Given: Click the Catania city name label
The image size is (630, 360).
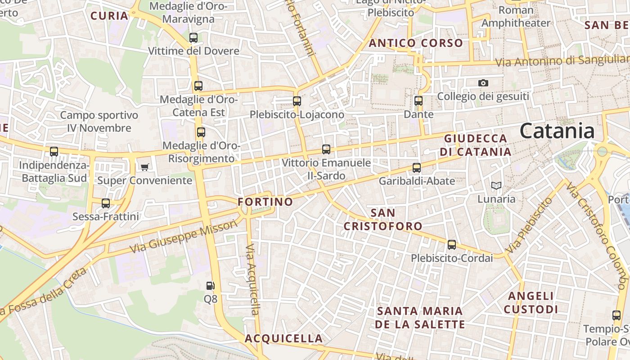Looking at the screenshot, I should point(557,131).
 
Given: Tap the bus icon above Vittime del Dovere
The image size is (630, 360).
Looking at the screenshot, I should point(193,38).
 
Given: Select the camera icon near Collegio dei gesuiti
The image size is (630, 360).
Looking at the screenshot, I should point(483,83).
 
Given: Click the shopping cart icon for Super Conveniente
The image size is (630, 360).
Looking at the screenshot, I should point(144,167).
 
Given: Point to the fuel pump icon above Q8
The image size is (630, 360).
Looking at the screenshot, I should point(210,285).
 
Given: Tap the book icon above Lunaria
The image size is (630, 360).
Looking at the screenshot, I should point(496,185).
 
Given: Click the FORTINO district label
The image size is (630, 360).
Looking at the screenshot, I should point(265,202).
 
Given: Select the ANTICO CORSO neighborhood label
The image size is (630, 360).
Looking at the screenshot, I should point(416,43).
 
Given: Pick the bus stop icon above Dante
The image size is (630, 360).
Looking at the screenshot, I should point(418,101).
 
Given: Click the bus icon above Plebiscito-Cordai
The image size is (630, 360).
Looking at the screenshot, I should point(452,245).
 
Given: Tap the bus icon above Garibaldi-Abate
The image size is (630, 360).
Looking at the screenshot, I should point(417,168).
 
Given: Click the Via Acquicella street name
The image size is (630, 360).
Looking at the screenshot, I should point(254,279).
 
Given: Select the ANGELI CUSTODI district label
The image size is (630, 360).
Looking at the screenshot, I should point(531,302).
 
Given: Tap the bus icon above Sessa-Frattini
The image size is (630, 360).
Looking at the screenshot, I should point(106,203).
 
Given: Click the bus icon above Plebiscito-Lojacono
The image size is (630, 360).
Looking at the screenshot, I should point(297,101).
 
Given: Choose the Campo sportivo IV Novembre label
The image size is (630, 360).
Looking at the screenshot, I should point(99,121).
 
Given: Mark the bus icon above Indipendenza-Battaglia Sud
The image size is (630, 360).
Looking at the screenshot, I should point(54,152).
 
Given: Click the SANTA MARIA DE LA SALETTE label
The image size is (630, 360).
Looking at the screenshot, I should point(420,318).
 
